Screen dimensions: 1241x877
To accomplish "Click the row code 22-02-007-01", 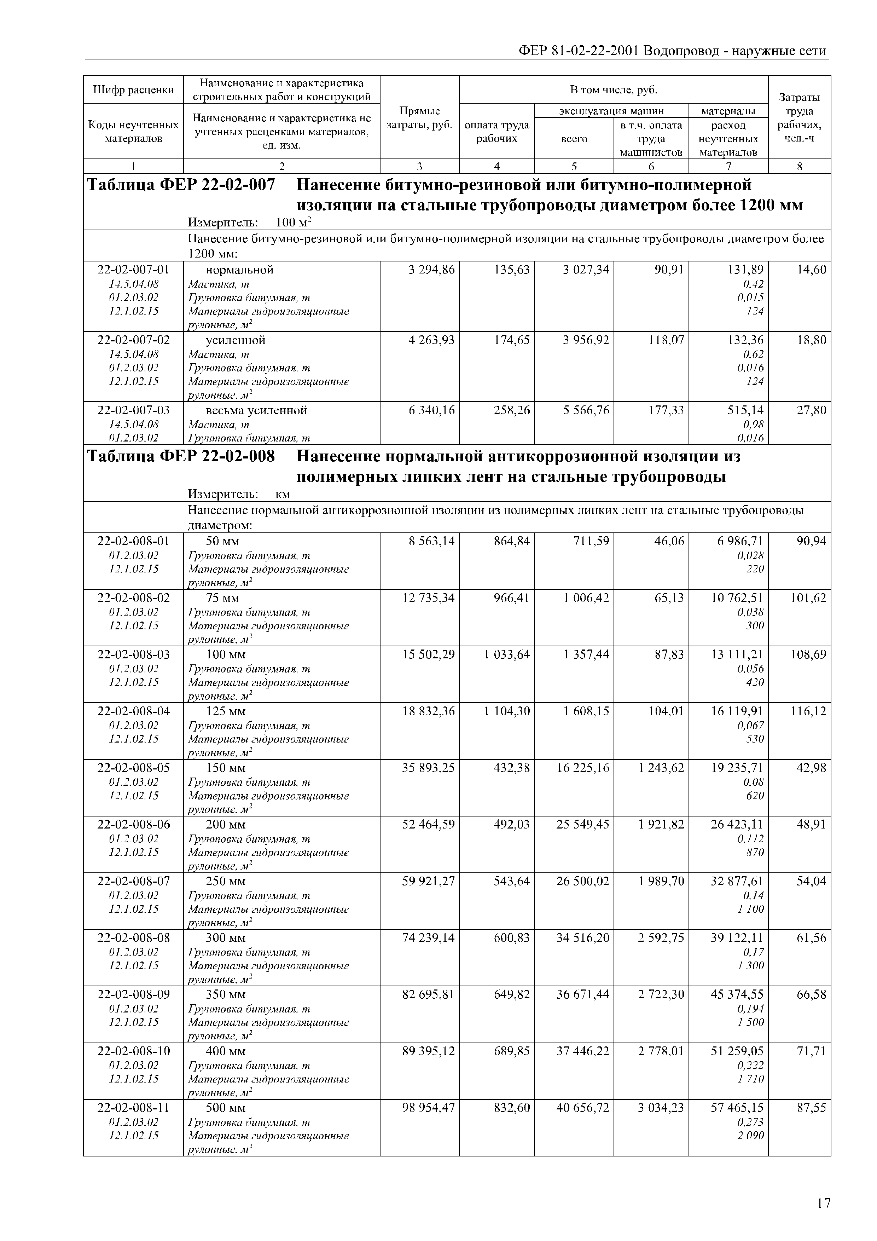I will point(133,270).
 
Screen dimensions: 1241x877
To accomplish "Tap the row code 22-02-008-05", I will point(133,768).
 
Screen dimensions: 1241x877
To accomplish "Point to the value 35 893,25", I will point(428,768).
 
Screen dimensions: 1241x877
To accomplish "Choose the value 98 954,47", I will point(428,1108).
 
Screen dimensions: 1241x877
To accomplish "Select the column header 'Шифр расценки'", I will point(133,90).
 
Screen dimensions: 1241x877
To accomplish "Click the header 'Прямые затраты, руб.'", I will point(419,118).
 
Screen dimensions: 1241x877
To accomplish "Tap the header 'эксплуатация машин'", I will point(611,111).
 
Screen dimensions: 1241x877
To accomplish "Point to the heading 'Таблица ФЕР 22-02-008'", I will point(181,457).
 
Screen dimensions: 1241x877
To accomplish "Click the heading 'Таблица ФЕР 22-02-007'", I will point(181,185).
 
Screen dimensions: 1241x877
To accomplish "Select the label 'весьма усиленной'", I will point(256,410).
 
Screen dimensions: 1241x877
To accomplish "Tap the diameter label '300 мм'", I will point(225,938).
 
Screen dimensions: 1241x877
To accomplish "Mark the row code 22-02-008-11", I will point(133,1108).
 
